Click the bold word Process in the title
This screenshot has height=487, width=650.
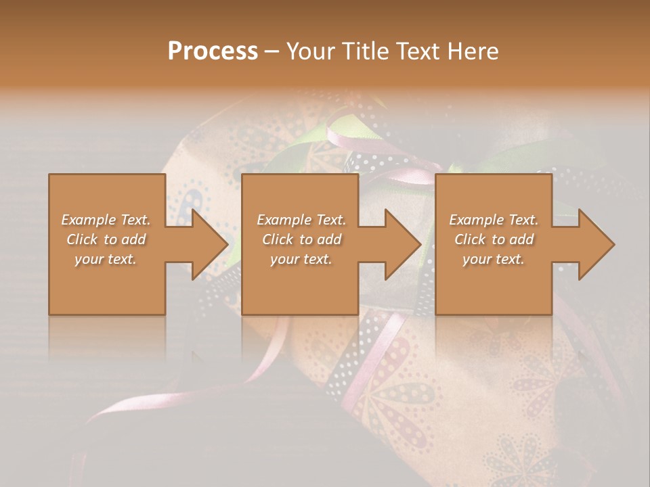(x=213, y=51)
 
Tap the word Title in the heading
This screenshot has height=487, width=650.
(x=362, y=51)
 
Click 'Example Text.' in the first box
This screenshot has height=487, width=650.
(x=106, y=220)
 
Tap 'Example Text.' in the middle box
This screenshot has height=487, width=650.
(x=301, y=220)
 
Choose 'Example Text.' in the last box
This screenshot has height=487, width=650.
(x=494, y=220)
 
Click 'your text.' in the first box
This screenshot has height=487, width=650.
(x=106, y=259)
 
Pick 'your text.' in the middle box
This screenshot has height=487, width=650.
(x=301, y=259)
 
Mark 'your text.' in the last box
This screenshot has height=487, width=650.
(x=494, y=259)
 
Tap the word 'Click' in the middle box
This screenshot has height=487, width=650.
(x=277, y=239)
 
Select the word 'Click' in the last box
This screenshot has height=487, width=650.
(x=469, y=239)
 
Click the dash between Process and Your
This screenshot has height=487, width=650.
(x=272, y=51)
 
